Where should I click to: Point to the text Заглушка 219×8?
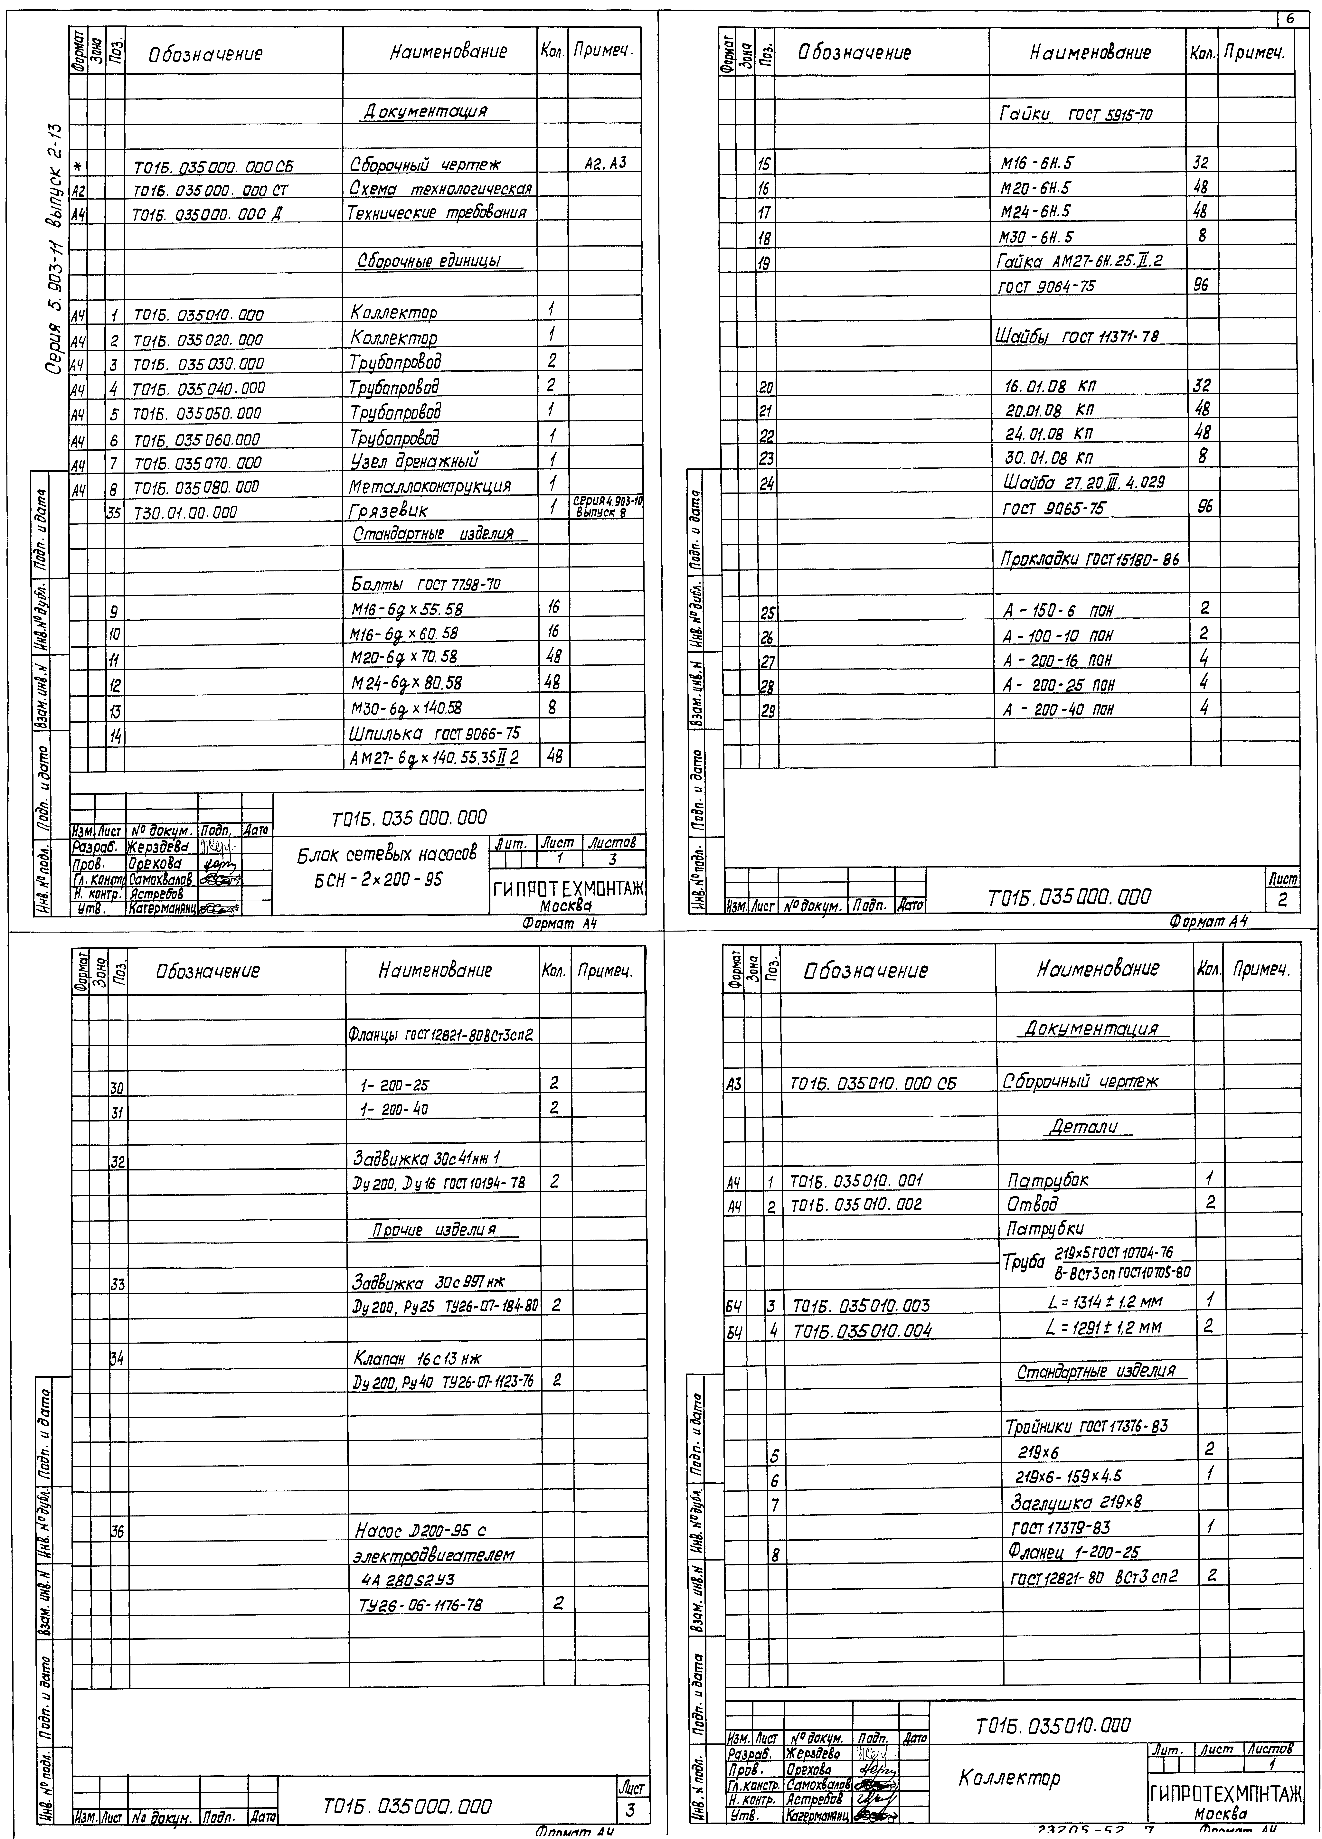1075,1503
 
